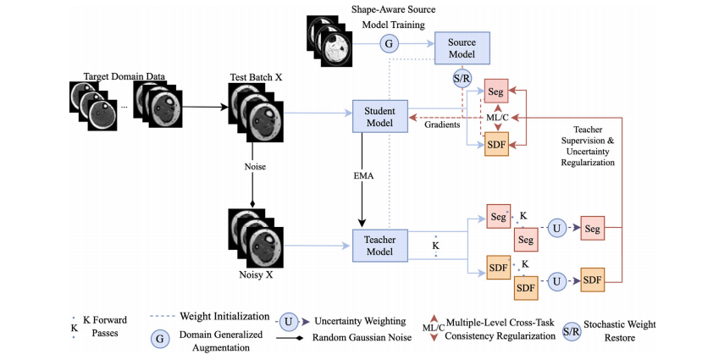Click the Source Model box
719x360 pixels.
click(x=462, y=47)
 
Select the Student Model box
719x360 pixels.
click(x=379, y=115)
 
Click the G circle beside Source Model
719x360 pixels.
click(x=390, y=43)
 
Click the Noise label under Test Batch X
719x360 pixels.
click(x=254, y=167)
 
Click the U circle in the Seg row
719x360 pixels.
click(x=556, y=228)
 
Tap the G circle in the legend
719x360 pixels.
click(x=158, y=337)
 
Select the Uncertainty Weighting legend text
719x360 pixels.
click(x=360, y=322)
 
